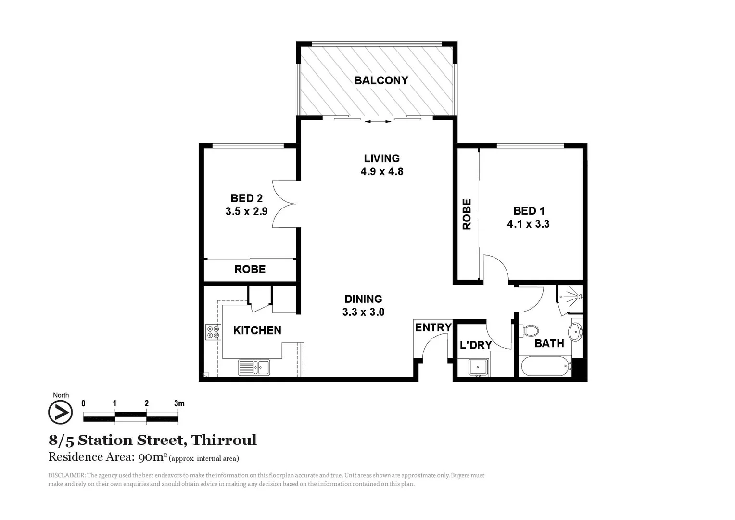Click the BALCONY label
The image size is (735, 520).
coord(381,80)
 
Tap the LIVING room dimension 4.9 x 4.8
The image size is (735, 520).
coord(382,171)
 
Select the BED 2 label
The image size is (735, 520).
coord(246,198)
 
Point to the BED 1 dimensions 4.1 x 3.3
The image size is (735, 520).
coord(528,224)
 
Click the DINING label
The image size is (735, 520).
coord(363,299)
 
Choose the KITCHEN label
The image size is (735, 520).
coord(257,330)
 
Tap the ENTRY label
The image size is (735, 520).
coord(433,327)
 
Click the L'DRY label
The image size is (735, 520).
coord(475,345)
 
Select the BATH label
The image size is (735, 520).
coord(549,343)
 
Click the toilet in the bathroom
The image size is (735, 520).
coord(530,331)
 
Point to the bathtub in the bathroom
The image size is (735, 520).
coord(545,366)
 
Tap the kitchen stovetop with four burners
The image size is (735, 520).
coord(213,332)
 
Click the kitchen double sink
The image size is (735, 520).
coord(254,367)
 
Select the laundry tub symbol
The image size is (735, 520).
coord(479,368)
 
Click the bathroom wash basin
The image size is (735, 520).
coord(575,331)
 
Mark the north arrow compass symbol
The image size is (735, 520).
coord(61,413)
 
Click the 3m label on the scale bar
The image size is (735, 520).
coord(179,403)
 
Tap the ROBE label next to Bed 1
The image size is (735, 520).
coord(467,214)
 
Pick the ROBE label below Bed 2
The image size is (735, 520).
coord(250,269)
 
